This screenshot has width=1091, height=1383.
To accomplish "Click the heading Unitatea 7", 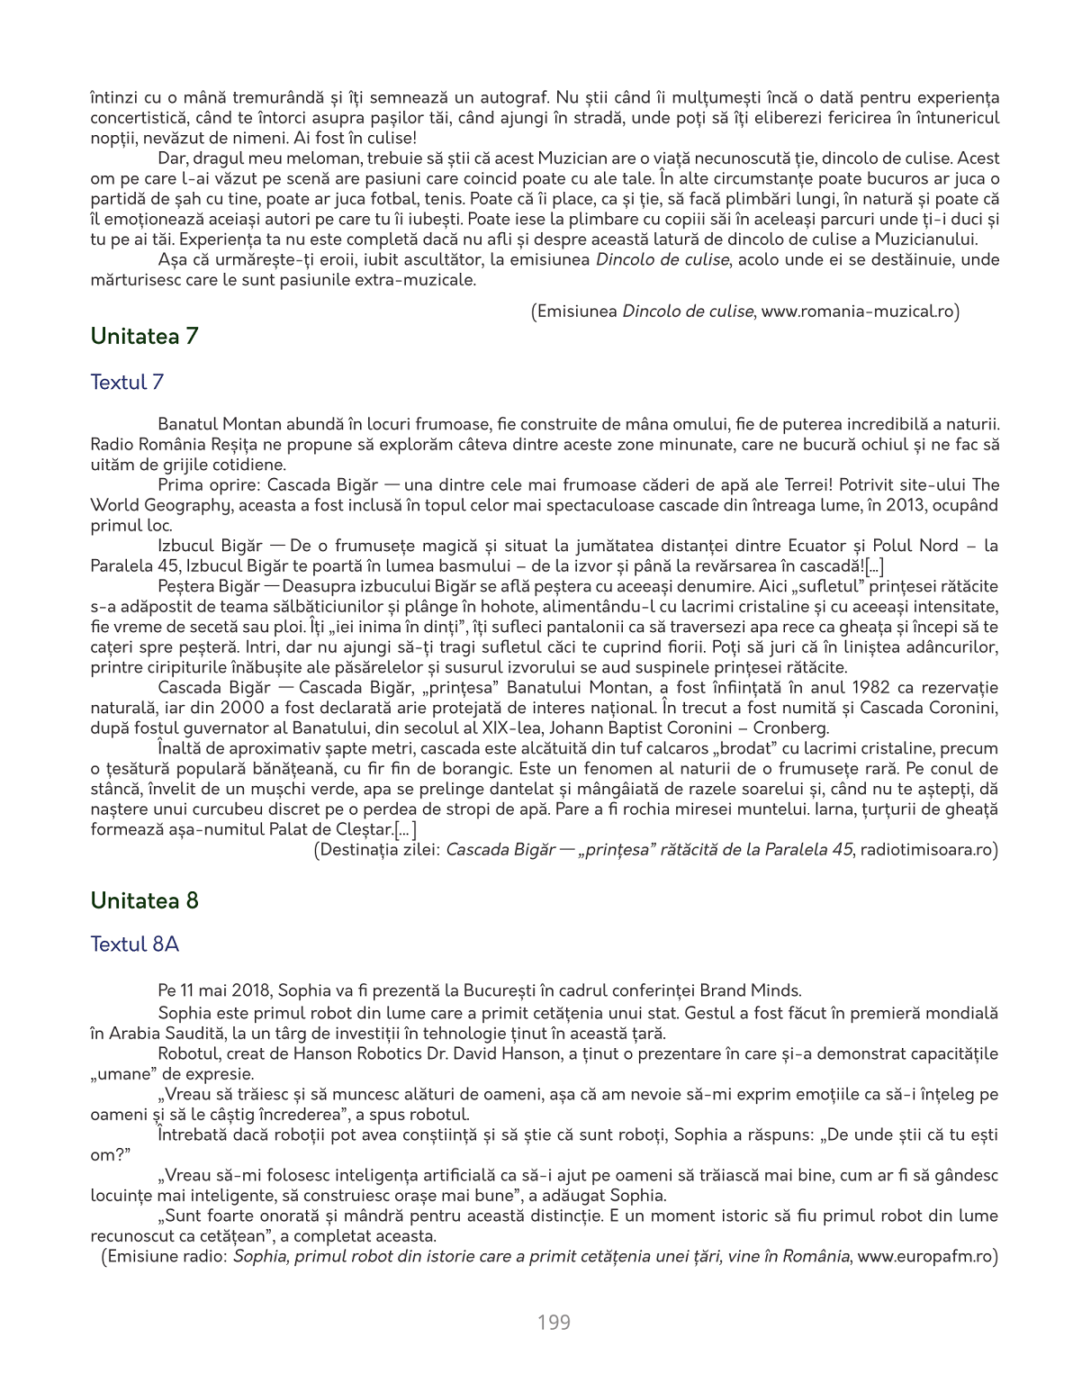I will pyautogui.click(x=144, y=337).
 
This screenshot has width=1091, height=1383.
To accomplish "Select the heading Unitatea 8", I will pyautogui.click(x=144, y=901).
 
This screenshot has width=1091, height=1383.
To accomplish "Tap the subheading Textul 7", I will pyautogui.click(x=127, y=383).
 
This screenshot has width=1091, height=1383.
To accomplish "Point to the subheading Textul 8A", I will pyautogui.click(x=134, y=945).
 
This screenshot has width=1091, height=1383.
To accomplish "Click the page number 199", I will pyautogui.click(x=554, y=1323).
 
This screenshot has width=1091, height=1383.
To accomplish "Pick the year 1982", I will pyautogui.click(x=870, y=688).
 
